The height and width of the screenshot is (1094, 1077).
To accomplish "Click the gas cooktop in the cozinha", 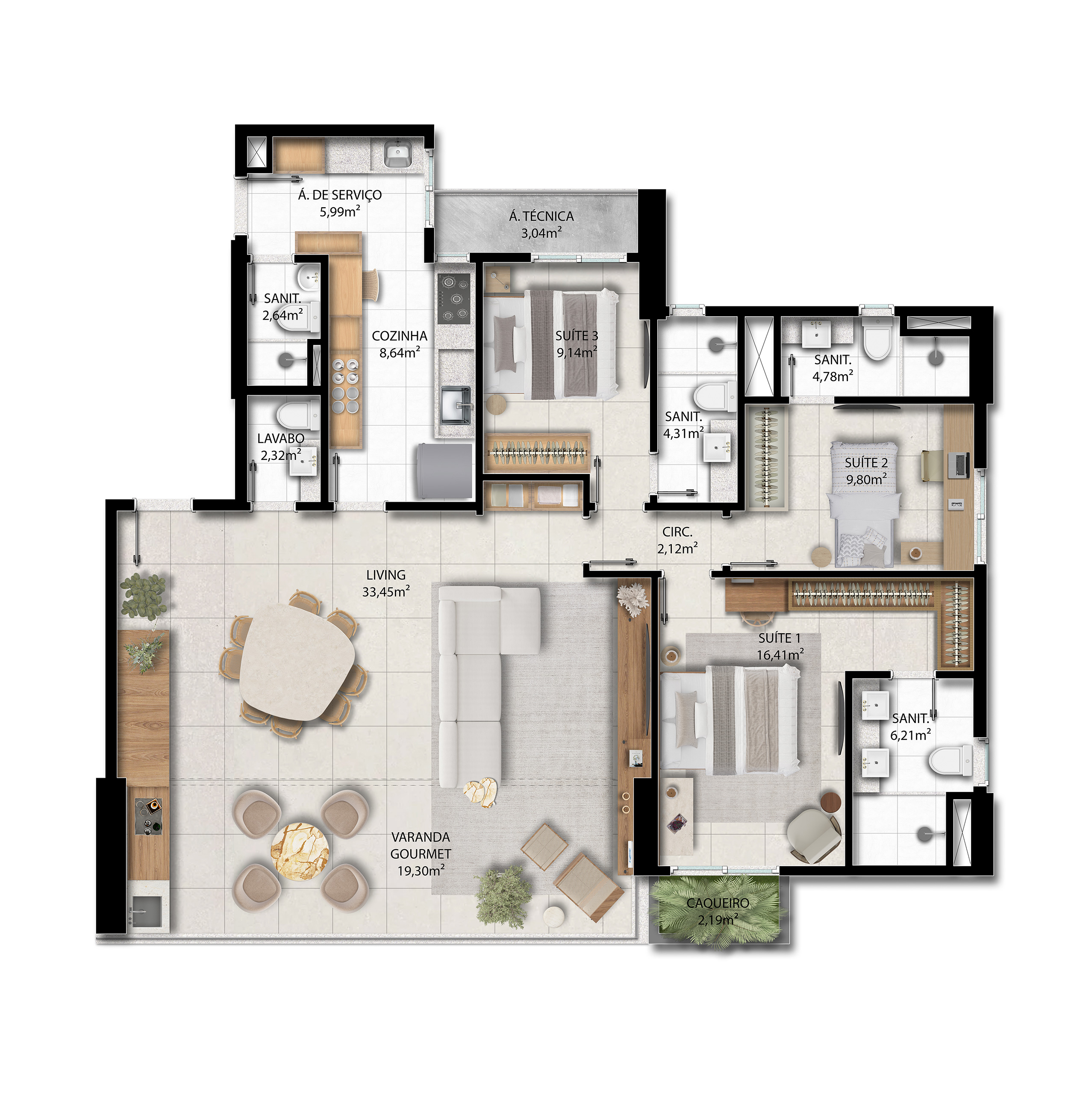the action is (453, 299).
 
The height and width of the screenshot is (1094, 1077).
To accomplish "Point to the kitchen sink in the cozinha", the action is (455, 404).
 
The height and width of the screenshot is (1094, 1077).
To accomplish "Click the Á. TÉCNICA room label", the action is (541, 216).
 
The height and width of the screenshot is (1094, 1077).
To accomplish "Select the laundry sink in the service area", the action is (399, 153).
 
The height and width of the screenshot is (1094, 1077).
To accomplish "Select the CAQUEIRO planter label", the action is (718, 903).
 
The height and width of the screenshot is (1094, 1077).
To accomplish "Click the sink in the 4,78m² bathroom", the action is (817, 333).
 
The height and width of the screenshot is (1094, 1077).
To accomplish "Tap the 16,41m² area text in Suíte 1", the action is (780, 654).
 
